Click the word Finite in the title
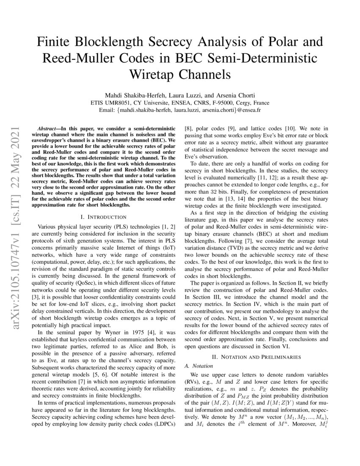(56, 42)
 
